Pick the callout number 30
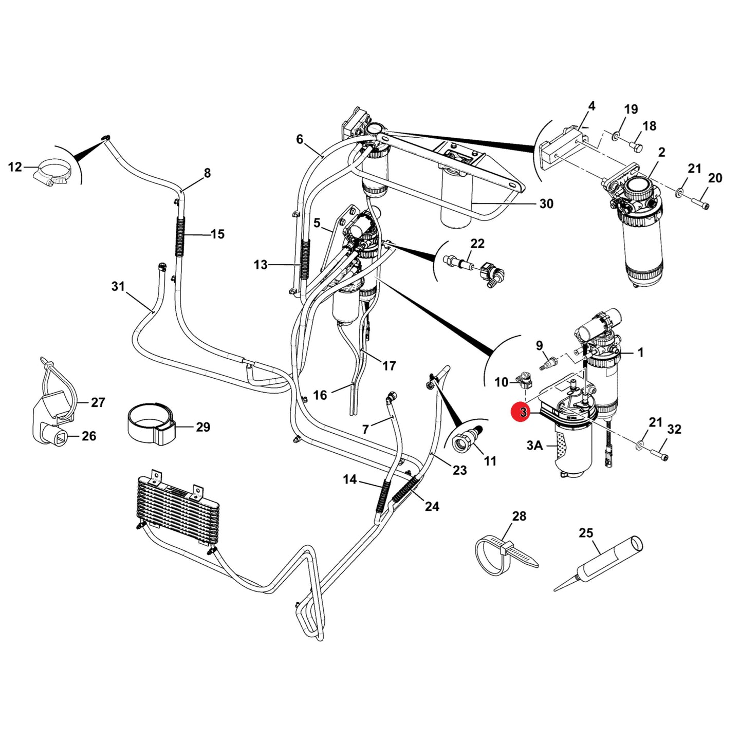click(x=546, y=203)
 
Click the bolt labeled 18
click(x=636, y=146)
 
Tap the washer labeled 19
click(x=615, y=135)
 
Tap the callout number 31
click(x=118, y=286)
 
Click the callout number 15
click(x=218, y=234)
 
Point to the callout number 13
click(x=261, y=265)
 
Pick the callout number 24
click(x=432, y=507)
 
